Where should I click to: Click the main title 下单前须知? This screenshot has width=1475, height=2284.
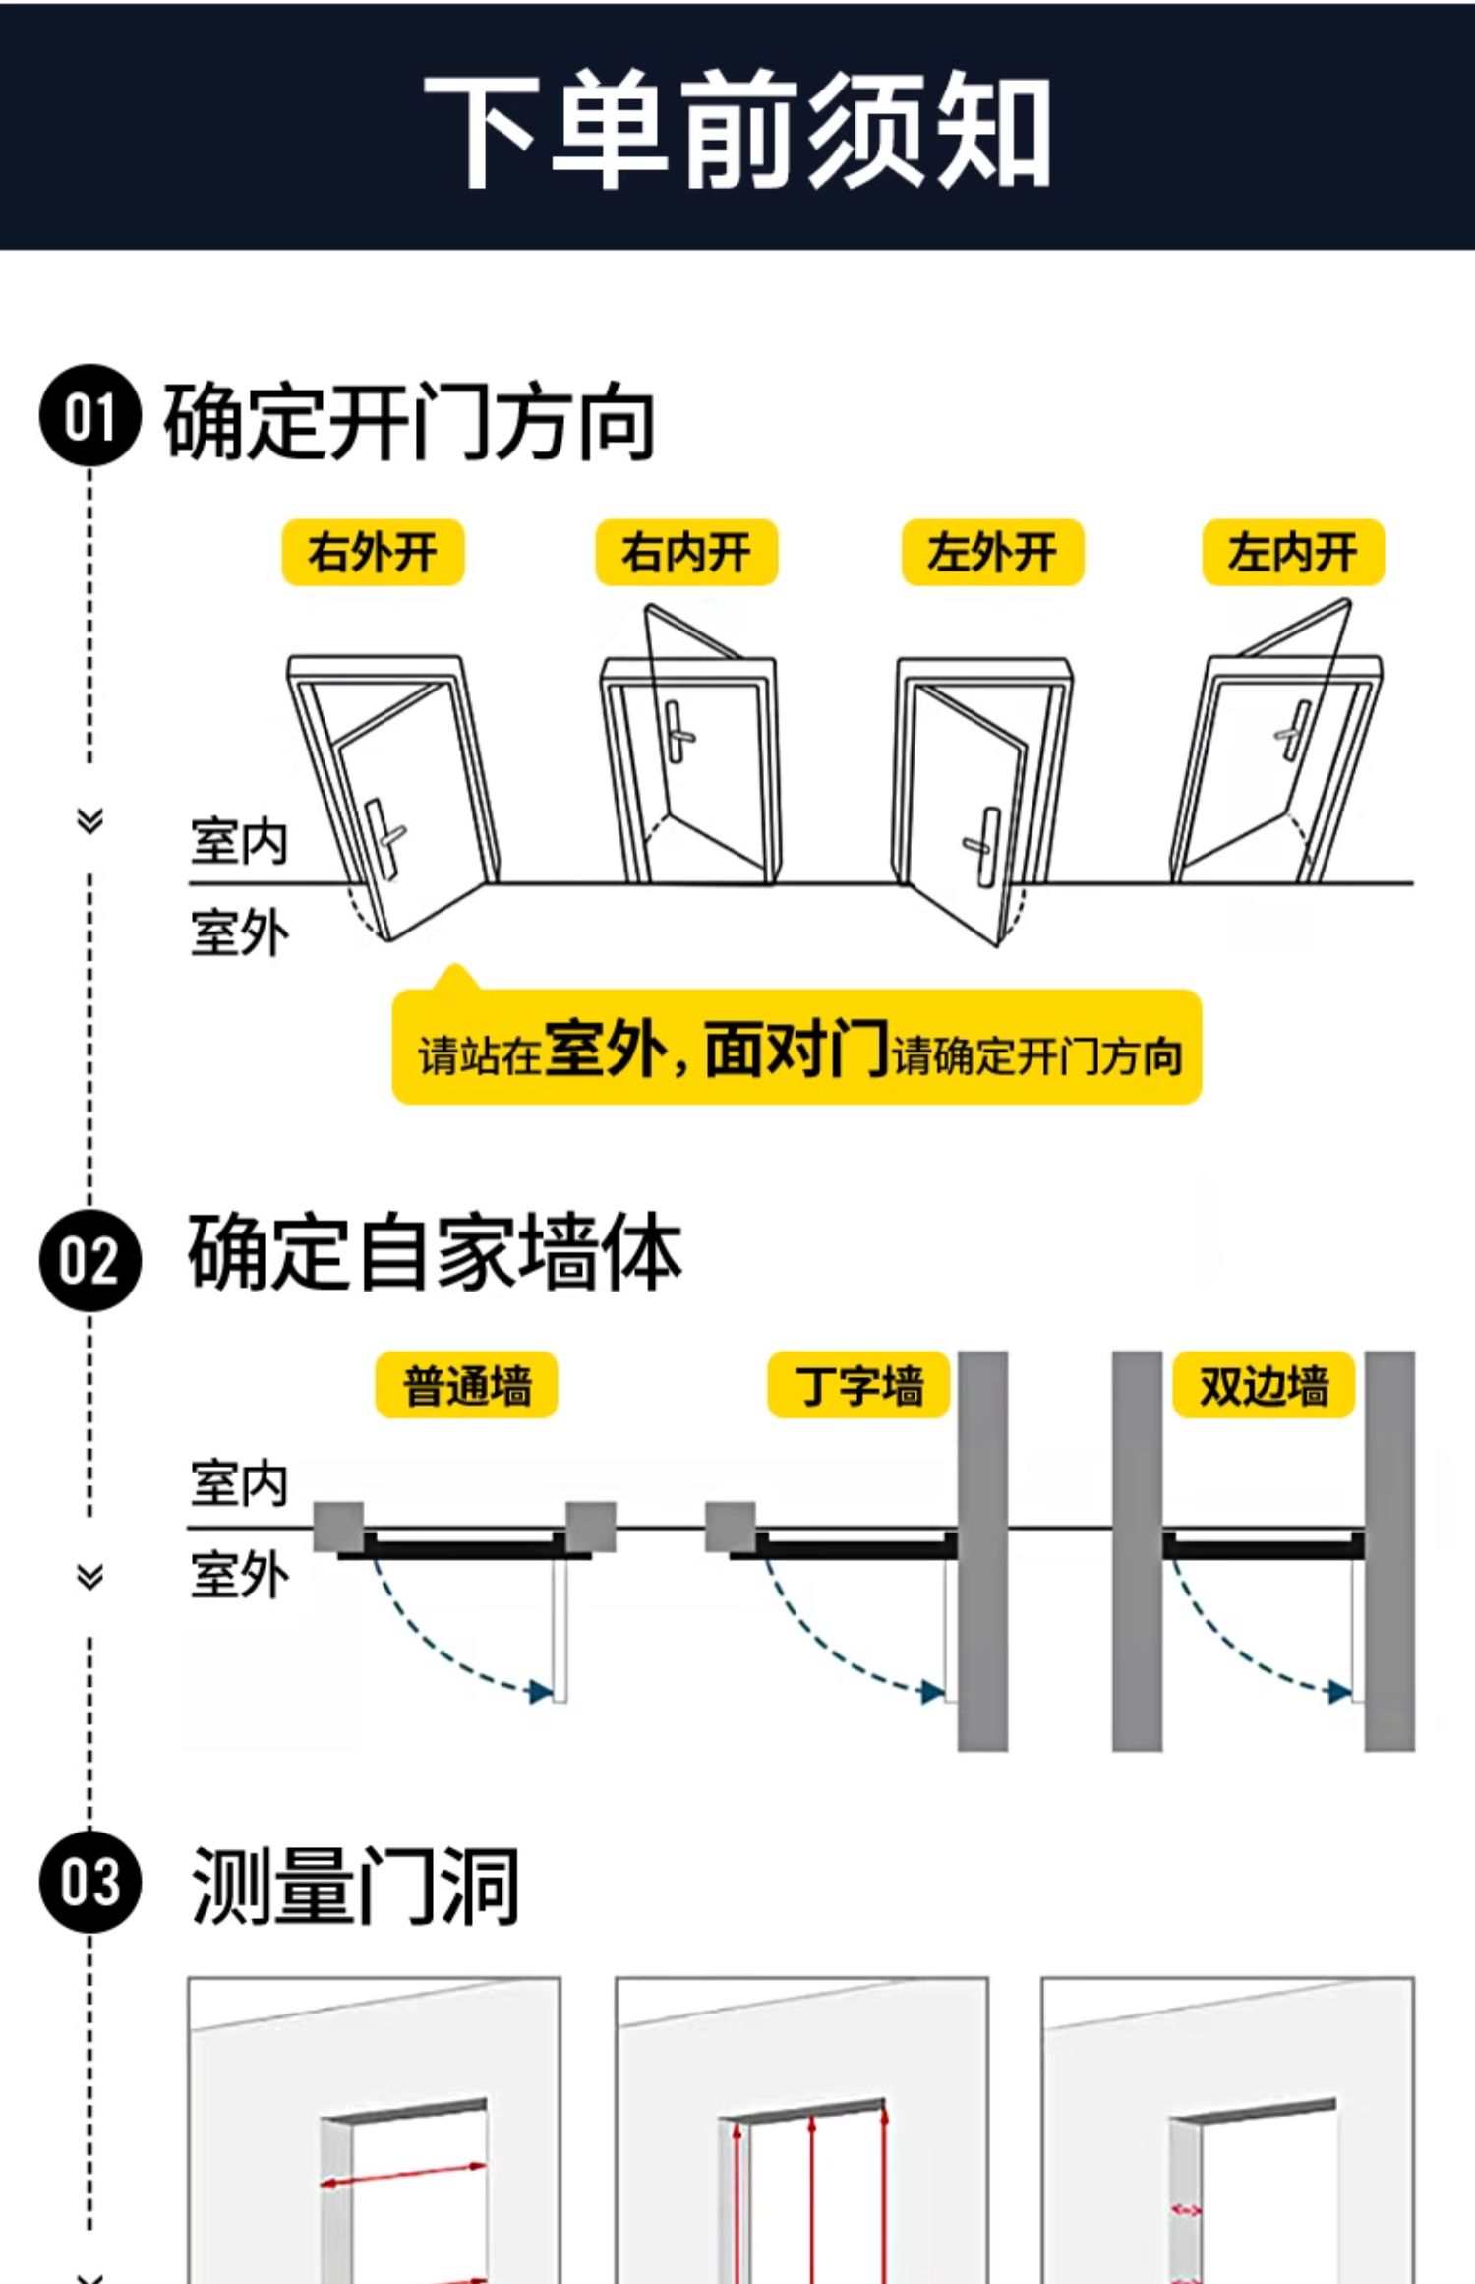pos(737,130)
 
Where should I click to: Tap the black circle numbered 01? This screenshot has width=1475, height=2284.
pos(89,415)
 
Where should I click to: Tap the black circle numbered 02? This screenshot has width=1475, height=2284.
pos(89,1260)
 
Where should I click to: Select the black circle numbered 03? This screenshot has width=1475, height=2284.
pos(89,1881)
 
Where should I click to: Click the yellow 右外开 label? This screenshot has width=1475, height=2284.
pos(373,553)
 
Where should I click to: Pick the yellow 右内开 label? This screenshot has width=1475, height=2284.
pos(686,553)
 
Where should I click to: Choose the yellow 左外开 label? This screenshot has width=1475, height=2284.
pos(992,553)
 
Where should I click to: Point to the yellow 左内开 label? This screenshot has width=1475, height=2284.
pos(1293,553)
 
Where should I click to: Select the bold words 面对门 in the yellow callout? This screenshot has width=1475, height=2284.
pos(796,1049)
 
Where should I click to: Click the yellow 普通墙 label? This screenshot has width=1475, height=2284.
pos(466,1385)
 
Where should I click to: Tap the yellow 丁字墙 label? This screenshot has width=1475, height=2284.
pos(858,1385)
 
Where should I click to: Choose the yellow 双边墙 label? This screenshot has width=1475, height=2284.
pos(1264,1385)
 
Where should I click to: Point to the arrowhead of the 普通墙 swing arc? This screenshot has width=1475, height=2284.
pos(540,1691)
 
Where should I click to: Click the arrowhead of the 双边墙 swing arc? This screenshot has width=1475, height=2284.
pos(1339,1691)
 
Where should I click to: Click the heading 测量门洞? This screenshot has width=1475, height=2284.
pos(354,1886)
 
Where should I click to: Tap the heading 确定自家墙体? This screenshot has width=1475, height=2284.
pos(435,1253)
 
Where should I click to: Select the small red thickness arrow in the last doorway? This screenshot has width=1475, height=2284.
pos(1186,2210)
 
